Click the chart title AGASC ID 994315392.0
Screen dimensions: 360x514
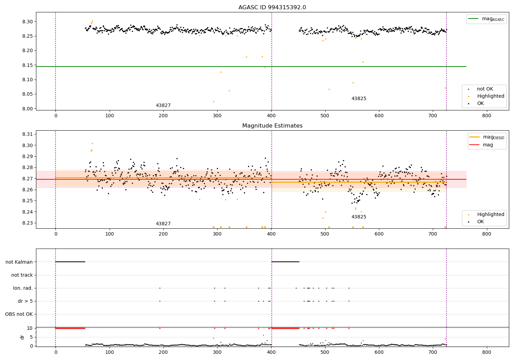click(272, 8)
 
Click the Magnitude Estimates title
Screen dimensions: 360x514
click(272, 126)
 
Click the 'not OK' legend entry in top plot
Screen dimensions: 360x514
click(485, 89)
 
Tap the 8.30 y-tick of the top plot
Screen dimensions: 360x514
click(28, 22)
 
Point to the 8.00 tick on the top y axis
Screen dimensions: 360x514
click(28, 109)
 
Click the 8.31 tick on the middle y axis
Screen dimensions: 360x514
click(28, 134)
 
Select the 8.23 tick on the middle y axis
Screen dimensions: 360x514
click(28, 223)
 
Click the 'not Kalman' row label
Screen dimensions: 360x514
click(19, 262)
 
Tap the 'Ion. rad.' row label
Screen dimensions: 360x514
click(23, 288)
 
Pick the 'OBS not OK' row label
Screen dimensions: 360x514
click(19, 314)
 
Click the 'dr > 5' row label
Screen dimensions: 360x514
click(25, 301)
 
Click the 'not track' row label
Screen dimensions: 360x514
click(22, 275)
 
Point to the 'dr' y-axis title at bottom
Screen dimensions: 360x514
click(22, 337)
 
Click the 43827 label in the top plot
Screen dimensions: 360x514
click(163, 106)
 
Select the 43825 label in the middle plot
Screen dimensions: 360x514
click(359, 217)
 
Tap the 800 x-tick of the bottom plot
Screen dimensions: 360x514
click(487, 352)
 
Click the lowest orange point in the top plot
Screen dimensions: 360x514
click(213, 101)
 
